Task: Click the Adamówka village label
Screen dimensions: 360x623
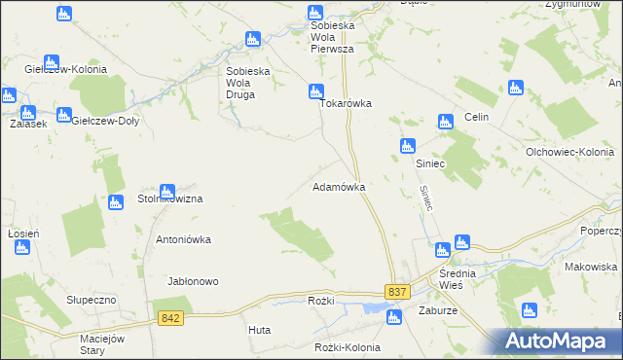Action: [338, 186]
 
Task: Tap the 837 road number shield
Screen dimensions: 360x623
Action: [396, 292]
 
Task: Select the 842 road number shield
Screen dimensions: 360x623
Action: [170, 318]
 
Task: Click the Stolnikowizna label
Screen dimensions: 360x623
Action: [169, 198]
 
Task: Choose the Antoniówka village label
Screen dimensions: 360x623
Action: [184, 238]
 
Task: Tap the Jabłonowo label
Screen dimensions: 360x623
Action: [193, 281]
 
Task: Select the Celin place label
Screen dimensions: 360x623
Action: [475, 117]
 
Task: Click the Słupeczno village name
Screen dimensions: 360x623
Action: [92, 300]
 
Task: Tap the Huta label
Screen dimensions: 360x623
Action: [259, 331]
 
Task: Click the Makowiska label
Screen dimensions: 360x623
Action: [591, 267]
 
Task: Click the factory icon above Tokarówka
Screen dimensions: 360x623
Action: [314, 91]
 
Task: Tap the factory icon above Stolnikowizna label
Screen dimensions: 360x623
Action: [166, 191]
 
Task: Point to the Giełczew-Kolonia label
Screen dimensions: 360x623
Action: [65, 70]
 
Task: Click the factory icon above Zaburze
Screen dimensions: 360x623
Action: [394, 316]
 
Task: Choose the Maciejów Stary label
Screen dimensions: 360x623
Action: [105, 344]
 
